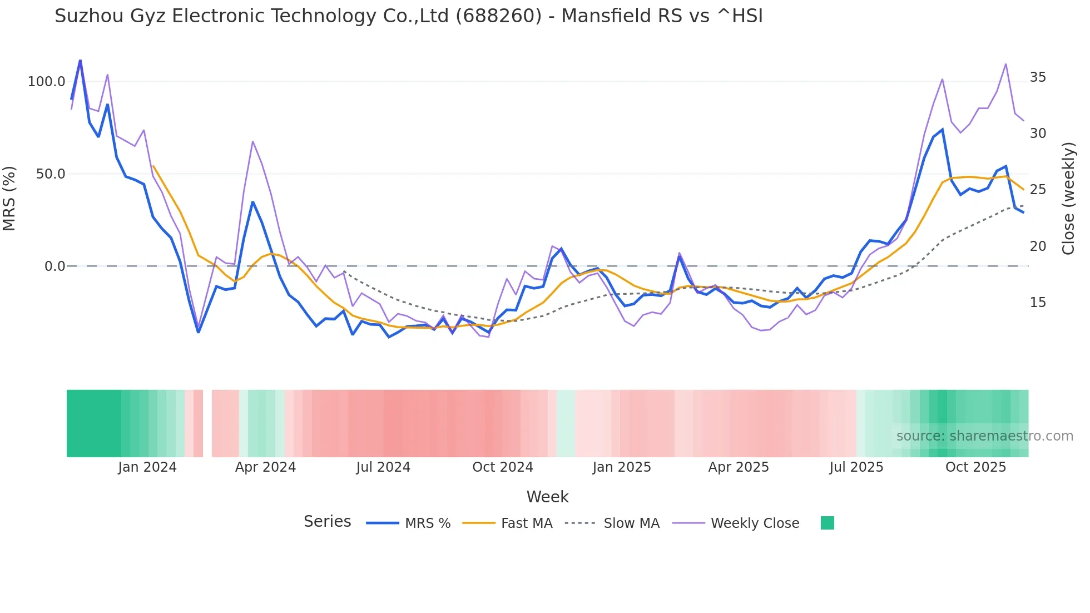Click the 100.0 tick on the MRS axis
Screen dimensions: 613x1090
click(46, 82)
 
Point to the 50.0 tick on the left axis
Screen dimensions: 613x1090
click(50, 174)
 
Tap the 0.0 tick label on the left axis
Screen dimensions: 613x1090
click(54, 266)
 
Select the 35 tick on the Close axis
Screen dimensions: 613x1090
click(1038, 77)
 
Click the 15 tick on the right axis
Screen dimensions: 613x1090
click(1038, 303)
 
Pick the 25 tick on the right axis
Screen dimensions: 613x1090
click(1038, 190)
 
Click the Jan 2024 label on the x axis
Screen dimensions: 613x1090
click(147, 467)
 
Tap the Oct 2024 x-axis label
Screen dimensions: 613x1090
click(502, 467)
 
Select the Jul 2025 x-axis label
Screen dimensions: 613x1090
click(856, 467)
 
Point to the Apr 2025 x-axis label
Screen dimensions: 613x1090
click(738, 467)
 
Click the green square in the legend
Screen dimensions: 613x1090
click(827, 523)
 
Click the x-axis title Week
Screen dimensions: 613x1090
click(547, 497)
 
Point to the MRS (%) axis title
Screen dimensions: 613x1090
click(9, 199)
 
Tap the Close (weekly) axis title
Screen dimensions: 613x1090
click(1068, 199)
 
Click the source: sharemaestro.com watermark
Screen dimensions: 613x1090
click(984, 436)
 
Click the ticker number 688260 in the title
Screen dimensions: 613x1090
click(498, 16)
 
